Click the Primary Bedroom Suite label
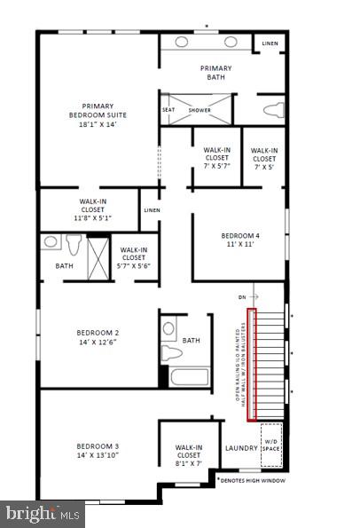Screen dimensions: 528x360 (98, 114)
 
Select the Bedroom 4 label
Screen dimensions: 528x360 (239, 240)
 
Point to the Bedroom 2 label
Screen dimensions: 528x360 (98, 338)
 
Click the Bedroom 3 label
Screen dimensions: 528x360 (98, 450)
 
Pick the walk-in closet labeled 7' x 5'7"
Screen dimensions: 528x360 (217, 157)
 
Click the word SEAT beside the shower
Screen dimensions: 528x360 (168, 110)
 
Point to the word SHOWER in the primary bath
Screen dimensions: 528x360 (200, 110)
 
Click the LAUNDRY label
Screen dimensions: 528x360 (240, 449)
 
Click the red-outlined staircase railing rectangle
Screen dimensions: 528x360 (251, 364)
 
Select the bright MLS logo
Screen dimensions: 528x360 (43, 513)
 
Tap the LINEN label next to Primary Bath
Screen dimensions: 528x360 (269, 43)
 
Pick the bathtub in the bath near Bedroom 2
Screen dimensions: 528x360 (187, 376)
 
